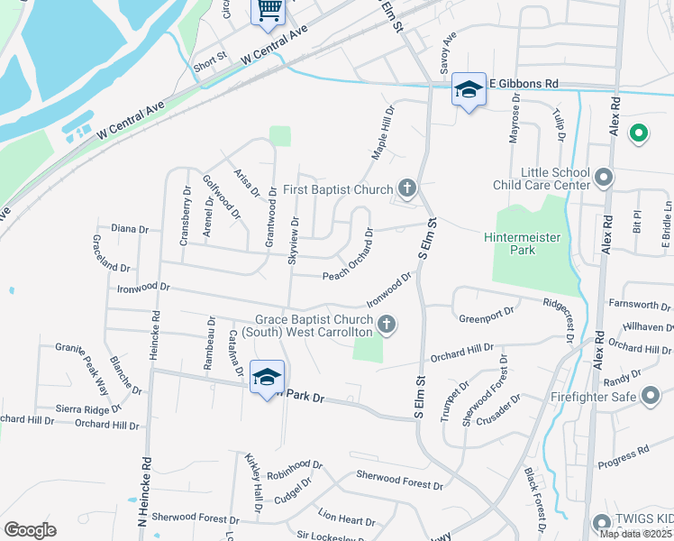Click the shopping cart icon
(x=269, y=10)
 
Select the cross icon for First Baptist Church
(x=407, y=188)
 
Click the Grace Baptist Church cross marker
(x=387, y=324)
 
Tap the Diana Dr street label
(x=129, y=229)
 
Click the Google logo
(x=30, y=530)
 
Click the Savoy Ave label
(x=444, y=52)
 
